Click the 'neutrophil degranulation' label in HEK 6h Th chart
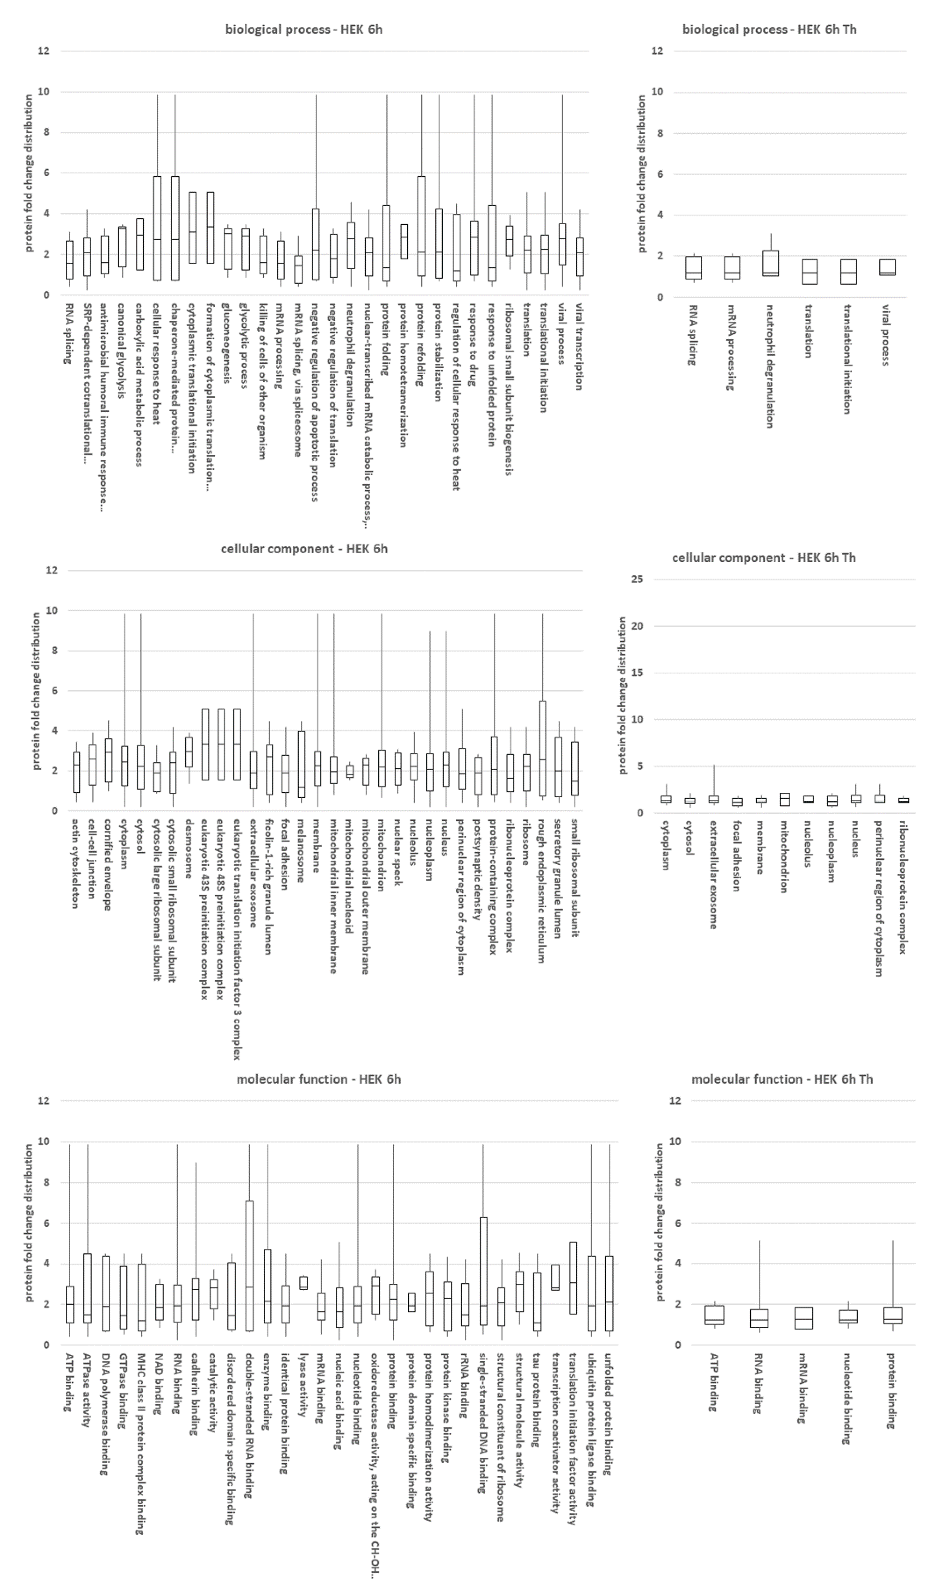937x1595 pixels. [x=770, y=367]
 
